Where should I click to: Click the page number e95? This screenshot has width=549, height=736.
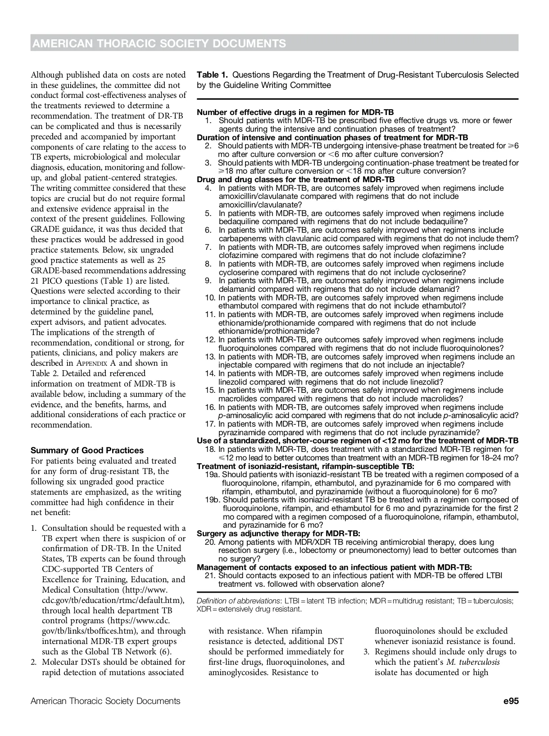[x=511, y=701]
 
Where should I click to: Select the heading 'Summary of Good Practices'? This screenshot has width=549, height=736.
[x=87, y=450]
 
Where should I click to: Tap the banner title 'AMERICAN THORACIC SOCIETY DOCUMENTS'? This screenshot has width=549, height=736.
[x=159, y=43]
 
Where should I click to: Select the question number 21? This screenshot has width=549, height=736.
[x=210, y=575]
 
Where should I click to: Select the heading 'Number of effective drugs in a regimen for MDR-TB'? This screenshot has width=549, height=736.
[x=296, y=112]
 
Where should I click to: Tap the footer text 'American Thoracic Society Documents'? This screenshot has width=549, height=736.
[x=105, y=701]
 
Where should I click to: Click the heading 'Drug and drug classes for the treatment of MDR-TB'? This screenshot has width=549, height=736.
[x=296, y=179]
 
